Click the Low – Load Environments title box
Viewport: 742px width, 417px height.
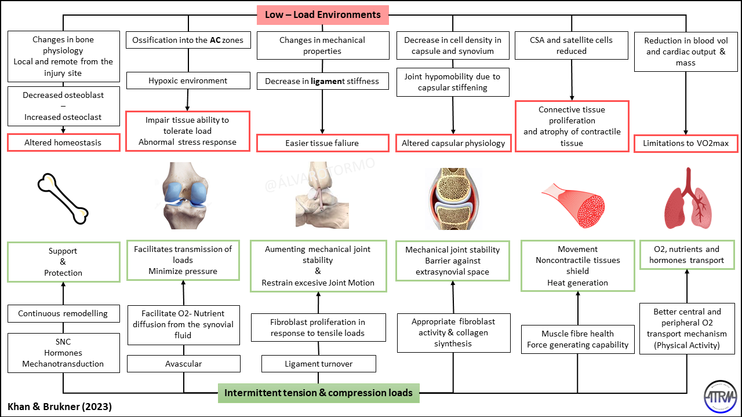coord(323,14)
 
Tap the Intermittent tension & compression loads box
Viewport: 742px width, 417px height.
coord(318,393)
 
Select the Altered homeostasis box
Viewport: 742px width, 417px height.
coord(63,142)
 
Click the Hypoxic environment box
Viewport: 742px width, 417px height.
coord(187,81)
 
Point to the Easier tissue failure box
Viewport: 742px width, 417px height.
coord(322,143)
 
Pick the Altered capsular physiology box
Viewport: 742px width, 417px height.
coord(453,143)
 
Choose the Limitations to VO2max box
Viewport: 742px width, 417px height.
coord(686,143)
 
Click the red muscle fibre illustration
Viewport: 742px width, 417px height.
coord(574,200)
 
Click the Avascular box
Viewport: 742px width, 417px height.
coord(184,364)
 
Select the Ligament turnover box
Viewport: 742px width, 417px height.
coord(319,364)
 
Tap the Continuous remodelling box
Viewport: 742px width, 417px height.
coord(63,313)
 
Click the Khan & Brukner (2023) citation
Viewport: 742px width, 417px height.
coord(60,407)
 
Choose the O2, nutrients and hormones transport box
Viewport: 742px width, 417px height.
coord(686,255)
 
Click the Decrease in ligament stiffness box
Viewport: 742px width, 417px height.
coord(322,81)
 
